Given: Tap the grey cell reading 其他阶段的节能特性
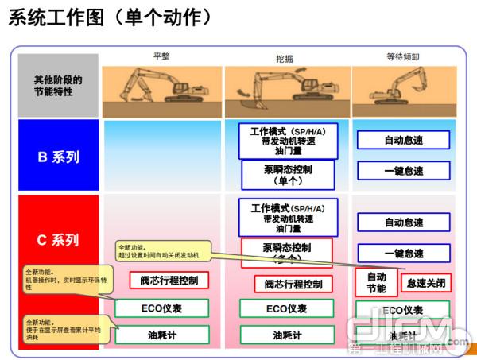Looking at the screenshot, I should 58,85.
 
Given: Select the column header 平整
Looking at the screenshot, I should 161,56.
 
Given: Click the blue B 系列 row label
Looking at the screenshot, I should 58,157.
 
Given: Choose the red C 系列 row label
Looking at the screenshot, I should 58,239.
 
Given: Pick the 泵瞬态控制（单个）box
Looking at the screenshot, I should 288,175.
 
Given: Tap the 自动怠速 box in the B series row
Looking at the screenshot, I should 403,141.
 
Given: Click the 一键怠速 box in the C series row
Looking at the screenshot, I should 403,254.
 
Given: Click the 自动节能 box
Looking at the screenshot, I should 376,282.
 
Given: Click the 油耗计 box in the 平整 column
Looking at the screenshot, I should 163,335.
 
